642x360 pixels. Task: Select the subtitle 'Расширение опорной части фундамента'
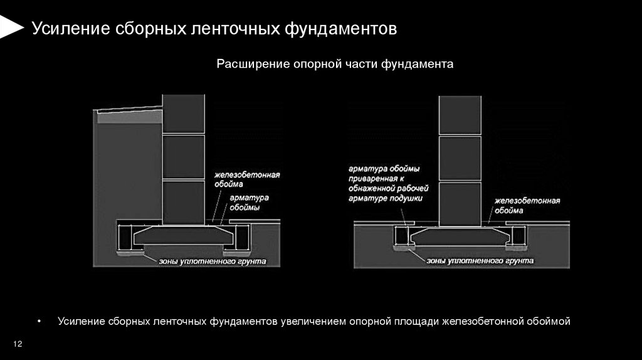[335, 65]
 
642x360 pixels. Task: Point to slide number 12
[18, 344]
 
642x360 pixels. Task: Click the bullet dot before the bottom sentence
[39, 322]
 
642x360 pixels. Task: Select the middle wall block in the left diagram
[183, 157]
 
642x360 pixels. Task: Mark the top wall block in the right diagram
[460, 115]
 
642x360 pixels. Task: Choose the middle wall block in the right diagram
[460, 158]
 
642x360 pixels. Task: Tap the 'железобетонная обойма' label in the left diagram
[245, 179]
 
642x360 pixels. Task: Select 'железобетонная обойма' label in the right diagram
[526, 205]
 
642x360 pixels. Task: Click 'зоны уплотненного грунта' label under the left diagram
[213, 261]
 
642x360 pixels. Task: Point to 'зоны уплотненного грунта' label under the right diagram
[480, 260]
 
